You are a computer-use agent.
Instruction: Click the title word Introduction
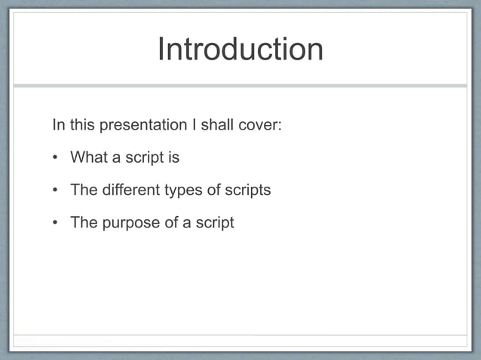coord(240,50)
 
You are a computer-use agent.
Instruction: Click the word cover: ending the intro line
coord(260,124)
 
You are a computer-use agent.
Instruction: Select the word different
coord(130,190)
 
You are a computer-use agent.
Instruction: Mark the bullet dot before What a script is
coord(56,158)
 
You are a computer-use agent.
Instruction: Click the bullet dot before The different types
coord(56,191)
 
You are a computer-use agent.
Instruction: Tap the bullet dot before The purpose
coord(56,224)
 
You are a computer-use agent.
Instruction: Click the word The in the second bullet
coord(83,190)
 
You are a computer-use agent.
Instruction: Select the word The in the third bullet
coord(83,223)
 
